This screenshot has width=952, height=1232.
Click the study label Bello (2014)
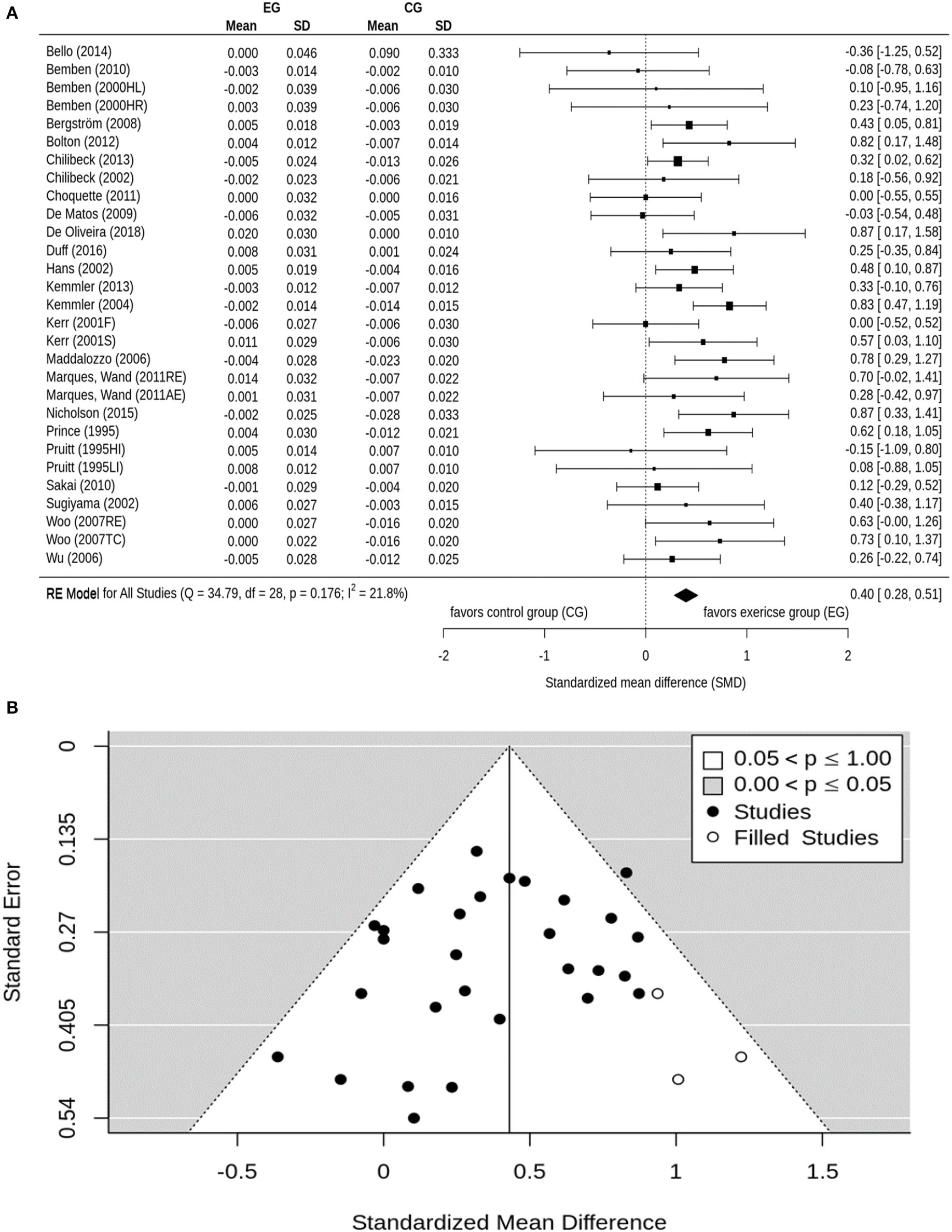click(78, 52)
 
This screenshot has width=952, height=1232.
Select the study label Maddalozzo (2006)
click(98, 359)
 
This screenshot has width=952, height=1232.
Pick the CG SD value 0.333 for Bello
click(443, 53)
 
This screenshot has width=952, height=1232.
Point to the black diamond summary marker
click(686, 595)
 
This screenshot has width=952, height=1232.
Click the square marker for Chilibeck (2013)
click(678, 161)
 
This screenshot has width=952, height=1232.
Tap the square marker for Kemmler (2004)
click(729, 306)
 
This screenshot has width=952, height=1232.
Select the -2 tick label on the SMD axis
click(444, 656)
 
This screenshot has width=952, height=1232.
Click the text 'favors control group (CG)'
click(518, 612)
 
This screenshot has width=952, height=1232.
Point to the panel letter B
click(12, 708)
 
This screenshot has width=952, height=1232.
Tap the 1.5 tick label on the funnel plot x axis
click(822, 1172)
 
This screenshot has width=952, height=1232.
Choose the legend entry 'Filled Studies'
click(806, 838)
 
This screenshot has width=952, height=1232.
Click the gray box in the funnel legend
click(713, 786)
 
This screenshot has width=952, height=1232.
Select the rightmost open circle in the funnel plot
click(741, 1057)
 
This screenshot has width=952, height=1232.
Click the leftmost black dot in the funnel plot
click(278, 1057)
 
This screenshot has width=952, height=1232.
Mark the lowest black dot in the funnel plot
click(414, 1118)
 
